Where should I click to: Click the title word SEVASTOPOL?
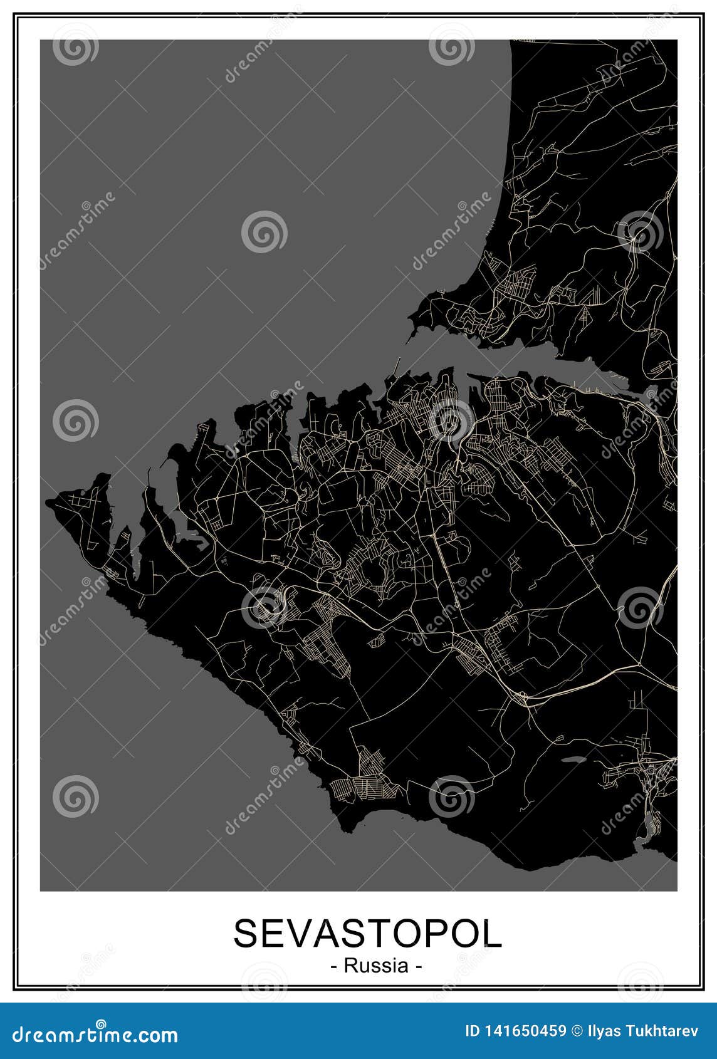[x=368, y=934]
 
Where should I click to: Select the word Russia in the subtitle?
[x=375, y=966]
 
